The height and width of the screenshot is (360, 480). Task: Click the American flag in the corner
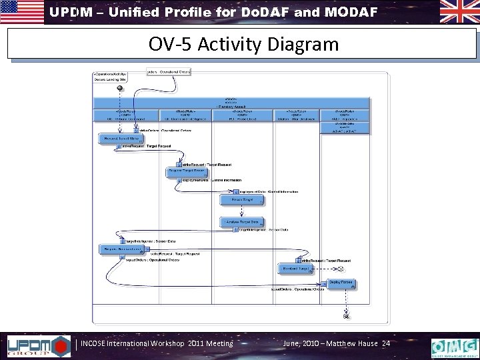point(22,11)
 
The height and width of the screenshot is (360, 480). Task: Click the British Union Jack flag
point(459,11)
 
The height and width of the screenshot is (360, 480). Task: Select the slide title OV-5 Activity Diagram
point(243,45)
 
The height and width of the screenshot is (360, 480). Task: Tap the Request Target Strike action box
point(117,139)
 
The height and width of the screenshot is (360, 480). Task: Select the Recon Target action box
point(242,199)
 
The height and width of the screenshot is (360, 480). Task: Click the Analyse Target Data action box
point(242,223)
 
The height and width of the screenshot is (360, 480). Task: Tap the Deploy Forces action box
point(341,284)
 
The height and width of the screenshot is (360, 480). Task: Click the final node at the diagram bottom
point(346,317)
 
